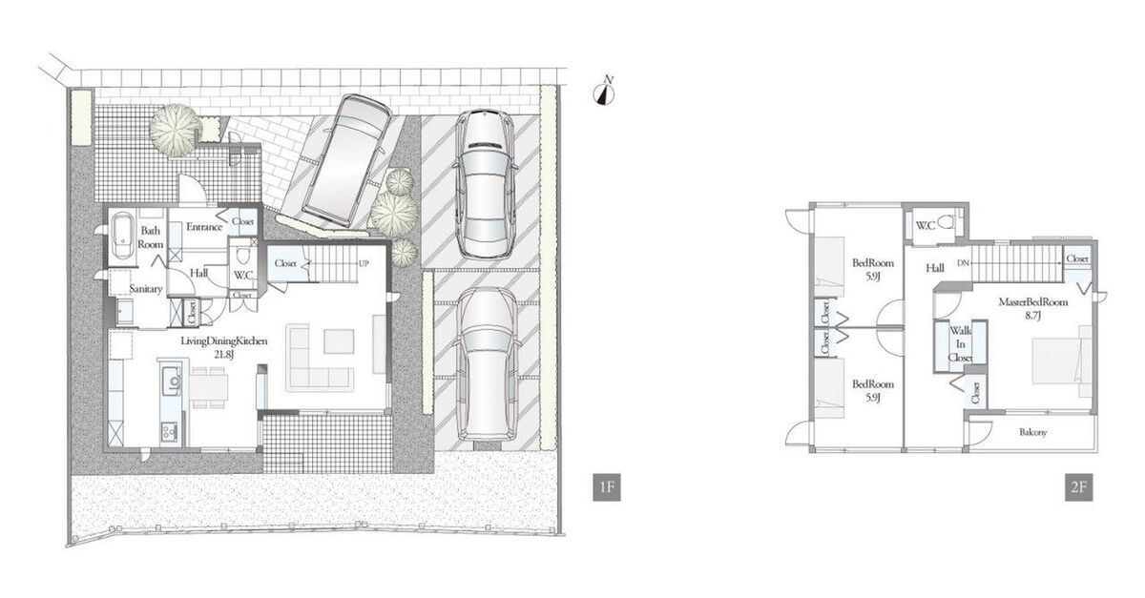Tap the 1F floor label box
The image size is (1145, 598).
[x=607, y=487]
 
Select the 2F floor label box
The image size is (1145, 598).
[x=1078, y=487]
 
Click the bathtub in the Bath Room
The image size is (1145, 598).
[x=123, y=237]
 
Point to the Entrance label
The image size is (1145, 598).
[x=204, y=227]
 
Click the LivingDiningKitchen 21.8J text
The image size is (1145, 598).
[x=224, y=347]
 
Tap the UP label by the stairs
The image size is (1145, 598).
[x=364, y=264]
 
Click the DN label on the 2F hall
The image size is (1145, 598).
[x=963, y=263]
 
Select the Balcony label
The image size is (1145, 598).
[x=1033, y=432]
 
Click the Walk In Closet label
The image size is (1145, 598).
[x=960, y=344]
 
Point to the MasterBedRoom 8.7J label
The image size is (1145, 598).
[x=1033, y=308]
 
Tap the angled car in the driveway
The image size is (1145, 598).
[x=346, y=160]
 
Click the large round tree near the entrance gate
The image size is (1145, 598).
[x=175, y=130]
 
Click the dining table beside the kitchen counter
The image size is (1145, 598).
[x=210, y=387]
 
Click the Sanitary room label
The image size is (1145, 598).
[x=146, y=289]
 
